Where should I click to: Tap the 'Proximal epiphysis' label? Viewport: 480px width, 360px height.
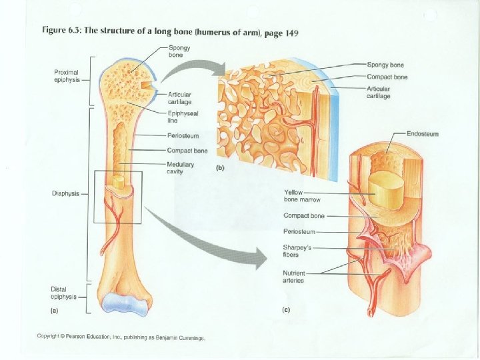coord(67,75)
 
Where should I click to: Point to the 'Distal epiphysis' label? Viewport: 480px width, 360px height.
coord(64,293)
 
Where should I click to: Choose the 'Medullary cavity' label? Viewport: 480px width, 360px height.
coord(180,167)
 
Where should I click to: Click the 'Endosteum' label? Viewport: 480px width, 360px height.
coord(423,134)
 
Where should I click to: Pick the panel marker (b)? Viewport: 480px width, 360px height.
coord(220,168)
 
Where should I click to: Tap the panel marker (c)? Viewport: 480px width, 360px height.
coord(286,311)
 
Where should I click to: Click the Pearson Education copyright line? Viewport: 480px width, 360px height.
coord(121,337)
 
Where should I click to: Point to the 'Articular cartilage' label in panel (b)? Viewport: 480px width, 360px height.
coord(379,92)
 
